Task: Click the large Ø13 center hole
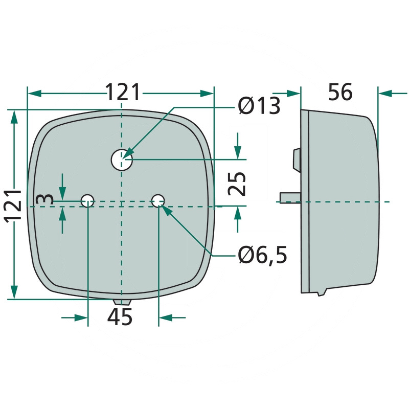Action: (122, 160)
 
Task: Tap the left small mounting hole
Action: (87, 200)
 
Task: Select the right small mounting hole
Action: (158, 200)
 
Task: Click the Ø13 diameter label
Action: (259, 106)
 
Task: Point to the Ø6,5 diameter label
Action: (262, 255)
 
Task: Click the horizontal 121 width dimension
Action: (123, 92)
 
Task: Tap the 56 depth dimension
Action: (340, 92)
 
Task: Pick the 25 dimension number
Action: (237, 184)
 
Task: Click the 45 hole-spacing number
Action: (120, 316)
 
